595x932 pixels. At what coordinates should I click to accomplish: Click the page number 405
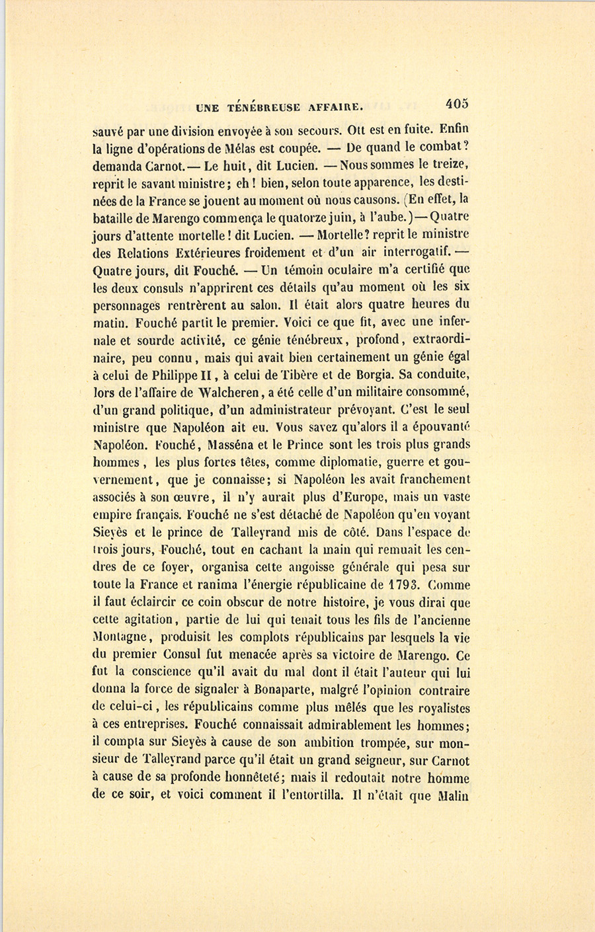[x=457, y=103]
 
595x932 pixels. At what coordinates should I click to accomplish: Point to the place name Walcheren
[x=226, y=393]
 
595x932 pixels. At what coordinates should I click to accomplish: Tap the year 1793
[x=402, y=584]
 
